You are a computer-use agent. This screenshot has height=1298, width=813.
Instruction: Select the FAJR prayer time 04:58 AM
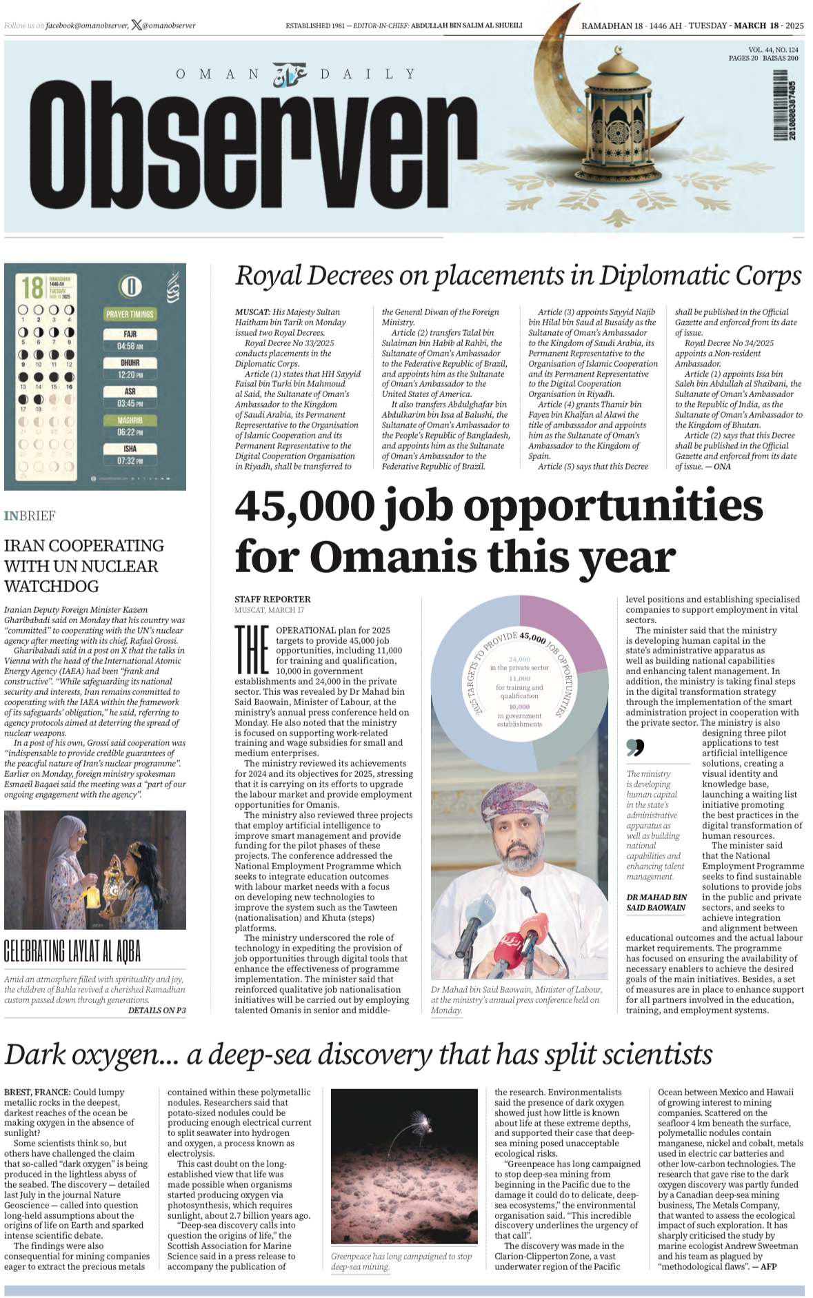(130, 346)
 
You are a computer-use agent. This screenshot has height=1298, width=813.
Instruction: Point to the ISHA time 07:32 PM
(130, 460)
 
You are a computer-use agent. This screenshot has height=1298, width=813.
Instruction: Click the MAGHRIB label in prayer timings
(130, 420)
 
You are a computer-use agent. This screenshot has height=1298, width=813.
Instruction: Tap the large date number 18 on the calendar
(32, 287)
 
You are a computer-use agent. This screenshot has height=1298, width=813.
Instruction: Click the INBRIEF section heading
(30, 516)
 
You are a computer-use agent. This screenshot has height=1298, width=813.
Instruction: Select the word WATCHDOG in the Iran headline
(51, 587)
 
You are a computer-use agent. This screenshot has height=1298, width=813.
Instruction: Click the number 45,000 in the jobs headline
(304, 507)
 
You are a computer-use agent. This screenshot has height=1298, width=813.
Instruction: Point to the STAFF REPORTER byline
(272, 599)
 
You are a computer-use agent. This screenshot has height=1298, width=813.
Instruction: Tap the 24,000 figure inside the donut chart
(519, 660)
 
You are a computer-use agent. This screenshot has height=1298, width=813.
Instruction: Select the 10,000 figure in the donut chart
(519, 707)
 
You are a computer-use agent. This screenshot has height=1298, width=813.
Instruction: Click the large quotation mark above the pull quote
(635, 747)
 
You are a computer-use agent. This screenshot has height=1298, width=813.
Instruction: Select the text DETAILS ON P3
(157, 1010)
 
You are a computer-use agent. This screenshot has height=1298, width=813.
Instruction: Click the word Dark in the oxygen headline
(35, 1055)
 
